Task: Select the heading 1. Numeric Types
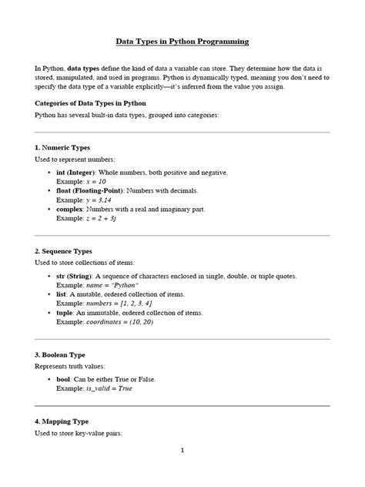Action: (62, 146)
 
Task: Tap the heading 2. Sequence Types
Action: (64, 250)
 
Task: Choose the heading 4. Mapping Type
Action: (62, 422)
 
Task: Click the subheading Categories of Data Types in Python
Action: (91, 102)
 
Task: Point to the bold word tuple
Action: (66, 313)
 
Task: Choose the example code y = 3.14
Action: (97, 199)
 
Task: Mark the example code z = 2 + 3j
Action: (102, 218)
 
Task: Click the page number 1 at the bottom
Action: (182, 472)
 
